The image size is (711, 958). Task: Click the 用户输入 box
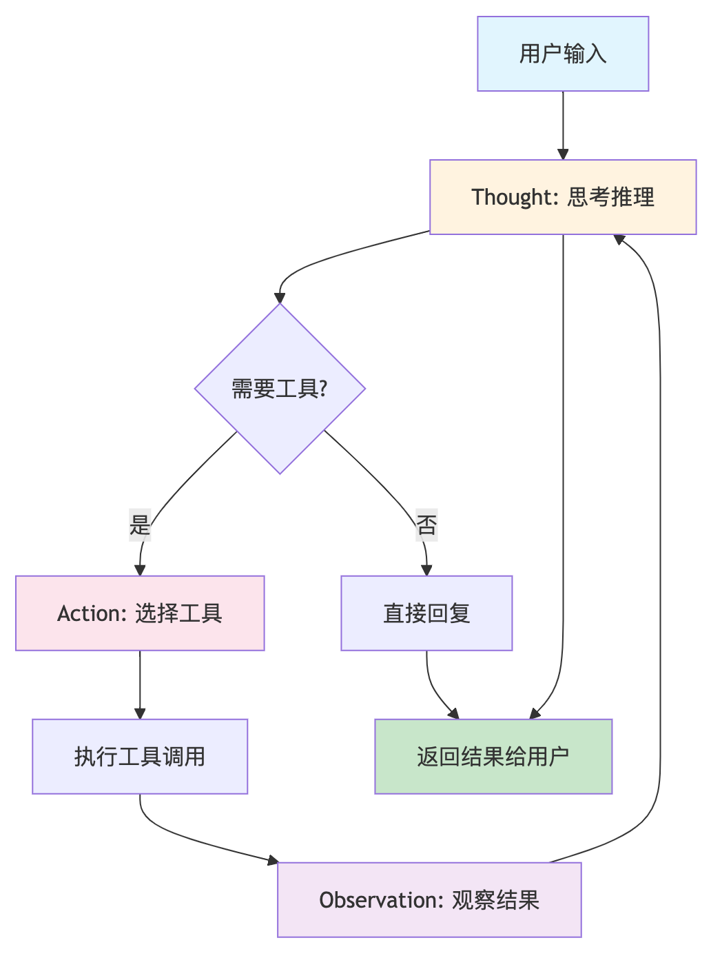click(563, 54)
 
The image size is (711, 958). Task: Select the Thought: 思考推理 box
click(563, 197)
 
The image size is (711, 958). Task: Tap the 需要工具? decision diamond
click(280, 389)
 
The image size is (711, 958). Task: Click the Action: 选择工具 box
click(140, 613)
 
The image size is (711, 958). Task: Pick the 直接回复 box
click(426, 613)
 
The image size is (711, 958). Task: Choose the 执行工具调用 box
click(140, 757)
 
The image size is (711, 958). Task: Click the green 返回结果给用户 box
click(493, 757)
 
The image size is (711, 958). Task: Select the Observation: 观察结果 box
click(429, 900)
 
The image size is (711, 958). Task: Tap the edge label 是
click(140, 526)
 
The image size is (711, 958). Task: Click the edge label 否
click(426, 526)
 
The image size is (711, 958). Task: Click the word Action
click(89, 613)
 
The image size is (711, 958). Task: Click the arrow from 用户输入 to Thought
click(563, 124)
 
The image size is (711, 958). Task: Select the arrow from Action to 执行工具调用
click(140, 684)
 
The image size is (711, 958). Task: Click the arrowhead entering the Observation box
click(273, 860)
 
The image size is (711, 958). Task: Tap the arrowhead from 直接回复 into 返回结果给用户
click(453, 714)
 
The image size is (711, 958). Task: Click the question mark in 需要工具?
click(323, 389)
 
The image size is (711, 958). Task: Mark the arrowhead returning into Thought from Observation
click(619, 239)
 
